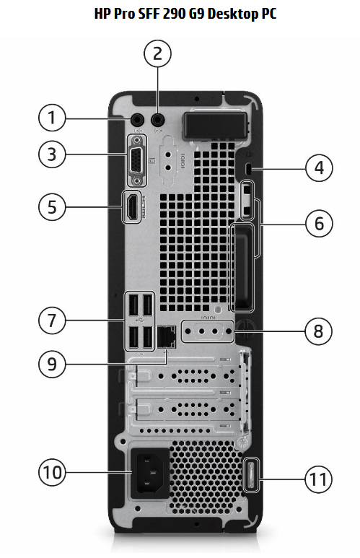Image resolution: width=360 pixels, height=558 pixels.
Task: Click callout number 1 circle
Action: pos(51,117)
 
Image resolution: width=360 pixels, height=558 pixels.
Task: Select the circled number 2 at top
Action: pos(159,53)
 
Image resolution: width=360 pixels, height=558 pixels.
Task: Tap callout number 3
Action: pos(51,153)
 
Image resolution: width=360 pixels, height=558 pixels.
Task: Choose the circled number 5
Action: pos(51,207)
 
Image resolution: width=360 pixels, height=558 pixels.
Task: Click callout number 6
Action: pos(318,224)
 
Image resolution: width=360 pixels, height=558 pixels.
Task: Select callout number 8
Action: pos(318,332)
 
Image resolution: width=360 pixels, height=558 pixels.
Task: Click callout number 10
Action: pos(51,474)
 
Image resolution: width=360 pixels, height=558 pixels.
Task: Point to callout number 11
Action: pos(318,478)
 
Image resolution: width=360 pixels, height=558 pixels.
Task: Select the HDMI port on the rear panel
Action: pos(132,208)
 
